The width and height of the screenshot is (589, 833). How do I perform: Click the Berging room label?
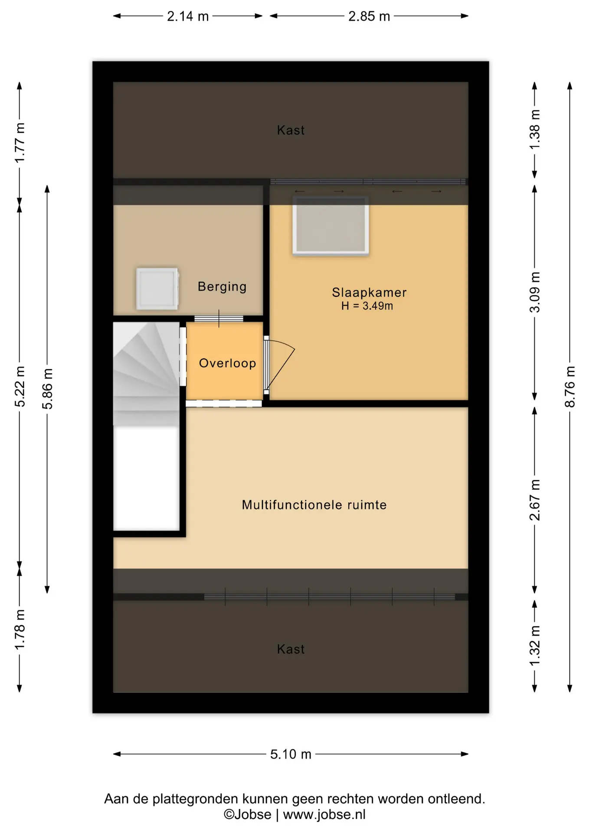[222, 287]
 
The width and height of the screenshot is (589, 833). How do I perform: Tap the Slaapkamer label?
[369, 292]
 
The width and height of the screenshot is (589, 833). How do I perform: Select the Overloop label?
[227, 363]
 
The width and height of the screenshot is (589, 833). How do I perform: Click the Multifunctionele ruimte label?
[314, 505]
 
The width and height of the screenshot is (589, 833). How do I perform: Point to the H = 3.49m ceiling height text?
[367, 306]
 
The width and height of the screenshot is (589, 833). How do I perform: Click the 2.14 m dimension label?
[188, 16]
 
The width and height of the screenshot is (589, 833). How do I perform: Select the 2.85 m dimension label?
[369, 16]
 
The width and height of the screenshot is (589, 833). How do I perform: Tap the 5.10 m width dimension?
[291, 754]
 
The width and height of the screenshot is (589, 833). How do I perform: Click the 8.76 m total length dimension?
[570, 387]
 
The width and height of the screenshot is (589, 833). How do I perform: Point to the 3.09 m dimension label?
[535, 292]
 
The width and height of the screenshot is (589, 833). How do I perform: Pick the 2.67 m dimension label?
[535, 500]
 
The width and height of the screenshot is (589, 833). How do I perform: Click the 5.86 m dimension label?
[47, 389]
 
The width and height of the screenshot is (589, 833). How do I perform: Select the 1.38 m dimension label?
[535, 129]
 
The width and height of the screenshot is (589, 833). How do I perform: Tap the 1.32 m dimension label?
[535, 645]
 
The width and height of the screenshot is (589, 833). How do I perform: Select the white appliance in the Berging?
[157, 289]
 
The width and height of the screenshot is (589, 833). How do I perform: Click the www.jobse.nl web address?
[324, 814]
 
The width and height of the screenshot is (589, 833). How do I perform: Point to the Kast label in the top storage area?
[291, 130]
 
